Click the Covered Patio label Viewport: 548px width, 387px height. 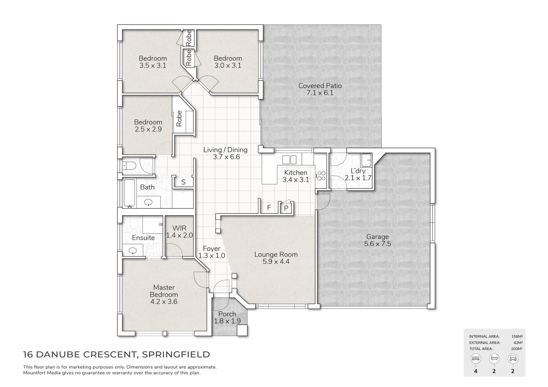(320, 89)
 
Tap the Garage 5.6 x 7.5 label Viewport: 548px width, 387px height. (377, 240)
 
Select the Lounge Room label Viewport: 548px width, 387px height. (276, 258)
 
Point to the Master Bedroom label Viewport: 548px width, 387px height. (164, 294)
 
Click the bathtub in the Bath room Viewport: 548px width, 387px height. (129, 193)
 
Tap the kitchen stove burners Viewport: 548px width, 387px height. (321, 176)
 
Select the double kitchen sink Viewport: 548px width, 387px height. (289, 159)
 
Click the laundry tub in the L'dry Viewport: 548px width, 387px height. (366, 158)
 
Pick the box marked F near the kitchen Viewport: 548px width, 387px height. (269, 207)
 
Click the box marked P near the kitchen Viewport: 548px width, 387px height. (286, 208)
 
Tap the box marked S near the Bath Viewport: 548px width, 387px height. (183, 182)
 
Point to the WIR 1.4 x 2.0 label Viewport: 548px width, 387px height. (179, 232)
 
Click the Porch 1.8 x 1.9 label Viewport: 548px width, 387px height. (227, 317)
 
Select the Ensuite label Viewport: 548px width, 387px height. (143, 238)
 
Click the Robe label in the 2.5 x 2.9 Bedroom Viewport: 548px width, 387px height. (179, 119)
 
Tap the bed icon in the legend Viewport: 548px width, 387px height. (475, 358)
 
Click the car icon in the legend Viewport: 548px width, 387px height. (513, 358)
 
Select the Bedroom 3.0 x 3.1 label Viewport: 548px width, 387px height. (228, 62)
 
